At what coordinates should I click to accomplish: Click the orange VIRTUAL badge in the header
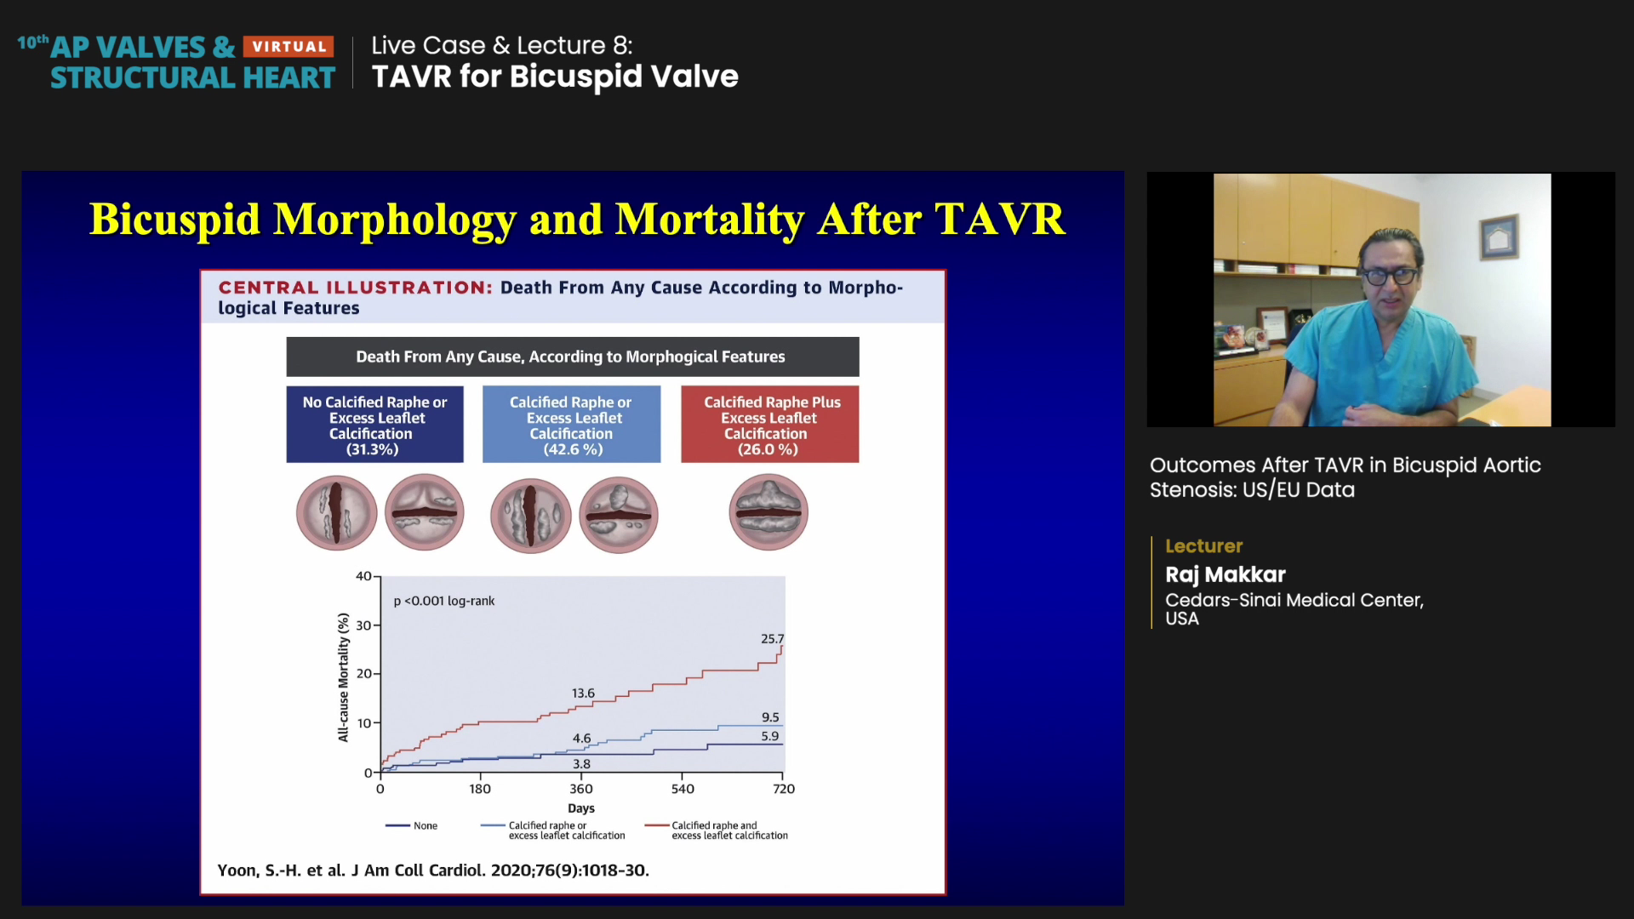pos(289,47)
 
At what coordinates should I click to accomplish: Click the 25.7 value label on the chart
pos(772,639)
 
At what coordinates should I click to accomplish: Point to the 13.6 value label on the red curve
pos(583,694)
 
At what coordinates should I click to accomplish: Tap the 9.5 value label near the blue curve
pos(770,717)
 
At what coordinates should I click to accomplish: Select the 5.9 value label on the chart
pos(769,737)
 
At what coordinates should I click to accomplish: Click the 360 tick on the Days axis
pos(581,789)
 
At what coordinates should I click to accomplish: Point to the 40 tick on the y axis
pos(363,576)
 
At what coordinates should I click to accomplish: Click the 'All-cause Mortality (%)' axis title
pos(344,677)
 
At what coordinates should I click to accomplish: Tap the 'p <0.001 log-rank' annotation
pos(444,601)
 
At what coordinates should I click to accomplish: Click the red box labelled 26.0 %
pos(770,424)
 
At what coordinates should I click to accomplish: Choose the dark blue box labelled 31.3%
pos(374,424)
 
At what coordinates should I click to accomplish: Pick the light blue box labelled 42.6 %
pos(571,424)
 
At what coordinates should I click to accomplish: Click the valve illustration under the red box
pos(768,512)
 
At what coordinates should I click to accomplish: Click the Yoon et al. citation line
pos(433,870)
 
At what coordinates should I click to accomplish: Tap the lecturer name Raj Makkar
pos(1225,574)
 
